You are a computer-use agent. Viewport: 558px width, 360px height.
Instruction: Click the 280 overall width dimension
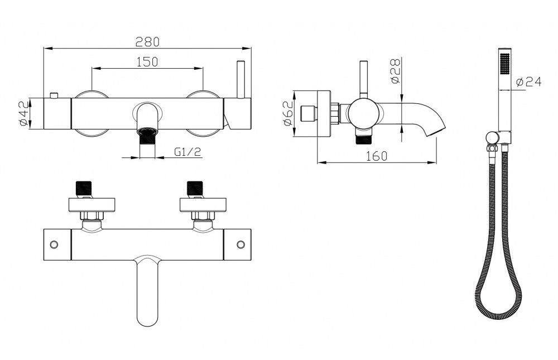pos(147,42)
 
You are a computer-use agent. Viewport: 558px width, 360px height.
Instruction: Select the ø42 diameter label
pos(23,113)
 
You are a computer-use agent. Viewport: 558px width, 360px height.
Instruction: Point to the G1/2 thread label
pos(187,152)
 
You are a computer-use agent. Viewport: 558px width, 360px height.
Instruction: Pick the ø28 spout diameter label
pos(396,71)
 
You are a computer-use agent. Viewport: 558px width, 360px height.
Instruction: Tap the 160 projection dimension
pos(376,156)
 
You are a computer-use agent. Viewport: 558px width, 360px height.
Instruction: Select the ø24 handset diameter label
pos(528,82)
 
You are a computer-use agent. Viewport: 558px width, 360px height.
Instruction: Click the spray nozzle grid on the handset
pos(504,64)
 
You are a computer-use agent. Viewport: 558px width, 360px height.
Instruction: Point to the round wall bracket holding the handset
pos(492,137)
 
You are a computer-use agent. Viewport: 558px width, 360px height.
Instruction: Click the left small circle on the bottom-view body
pos(54,244)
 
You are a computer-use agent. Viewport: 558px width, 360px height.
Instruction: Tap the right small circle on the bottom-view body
pos(241,244)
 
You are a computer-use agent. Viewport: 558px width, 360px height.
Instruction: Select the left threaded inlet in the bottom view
pos(84,188)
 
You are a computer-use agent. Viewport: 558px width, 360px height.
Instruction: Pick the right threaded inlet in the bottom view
pos(195,188)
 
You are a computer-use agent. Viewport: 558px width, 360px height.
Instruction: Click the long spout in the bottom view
pos(147,291)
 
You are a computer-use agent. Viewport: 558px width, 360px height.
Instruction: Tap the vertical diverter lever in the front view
pos(241,79)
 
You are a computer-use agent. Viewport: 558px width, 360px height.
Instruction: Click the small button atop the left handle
pos(54,95)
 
